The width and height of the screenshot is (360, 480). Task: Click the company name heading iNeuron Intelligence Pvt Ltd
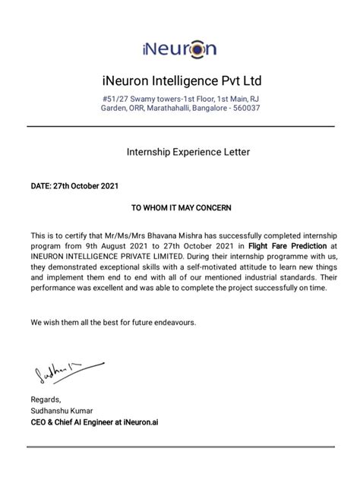click(x=180, y=81)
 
